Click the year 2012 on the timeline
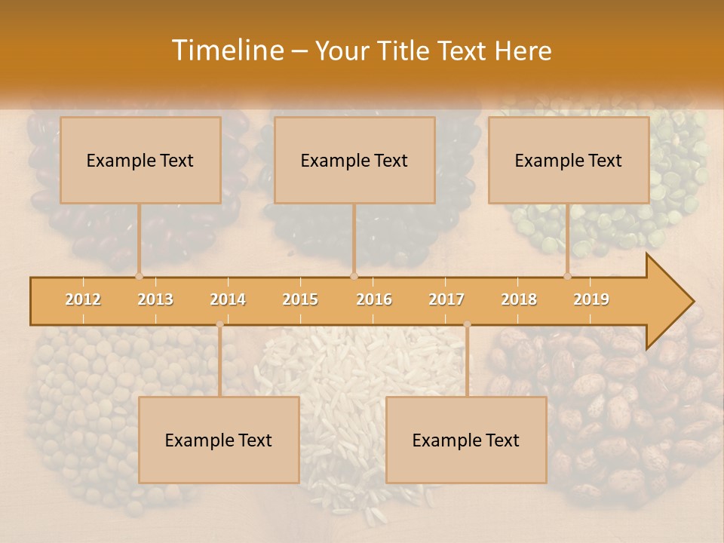pyautogui.click(x=83, y=300)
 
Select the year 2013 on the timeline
pyautogui.click(x=155, y=300)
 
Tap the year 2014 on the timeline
pyautogui.click(x=228, y=300)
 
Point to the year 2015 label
pyautogui.click(x=300, y=300)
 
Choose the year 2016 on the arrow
pyautogui.click(x=374, y=300)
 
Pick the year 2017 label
pyautogui.click(x=446, y=300)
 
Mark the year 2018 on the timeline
pyautogui.click(x=519, y=300)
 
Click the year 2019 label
pyautogui.click(x=591, y=300)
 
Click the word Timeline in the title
pyautogui.click(x=226, y=51)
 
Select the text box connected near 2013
pyautogui.click(x=140, y=160)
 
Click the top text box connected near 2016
pyautogui.click(x=354, y=160)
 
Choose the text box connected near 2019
pyautogui.click(x=569, y=160)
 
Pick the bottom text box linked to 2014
pyautogui.click(x=219, y=440)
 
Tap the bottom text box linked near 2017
pyautogui.click(x=466, y=440)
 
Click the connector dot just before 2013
pyautogui.click(x=139, y=276)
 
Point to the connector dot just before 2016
pyautogui.click(x=354, y=276)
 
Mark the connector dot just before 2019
pyautogui.click(x=567, y=276)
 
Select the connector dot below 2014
pyautogui.click(x=219, y=324)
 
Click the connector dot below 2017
pyautogui.click(x=467, y=324)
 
